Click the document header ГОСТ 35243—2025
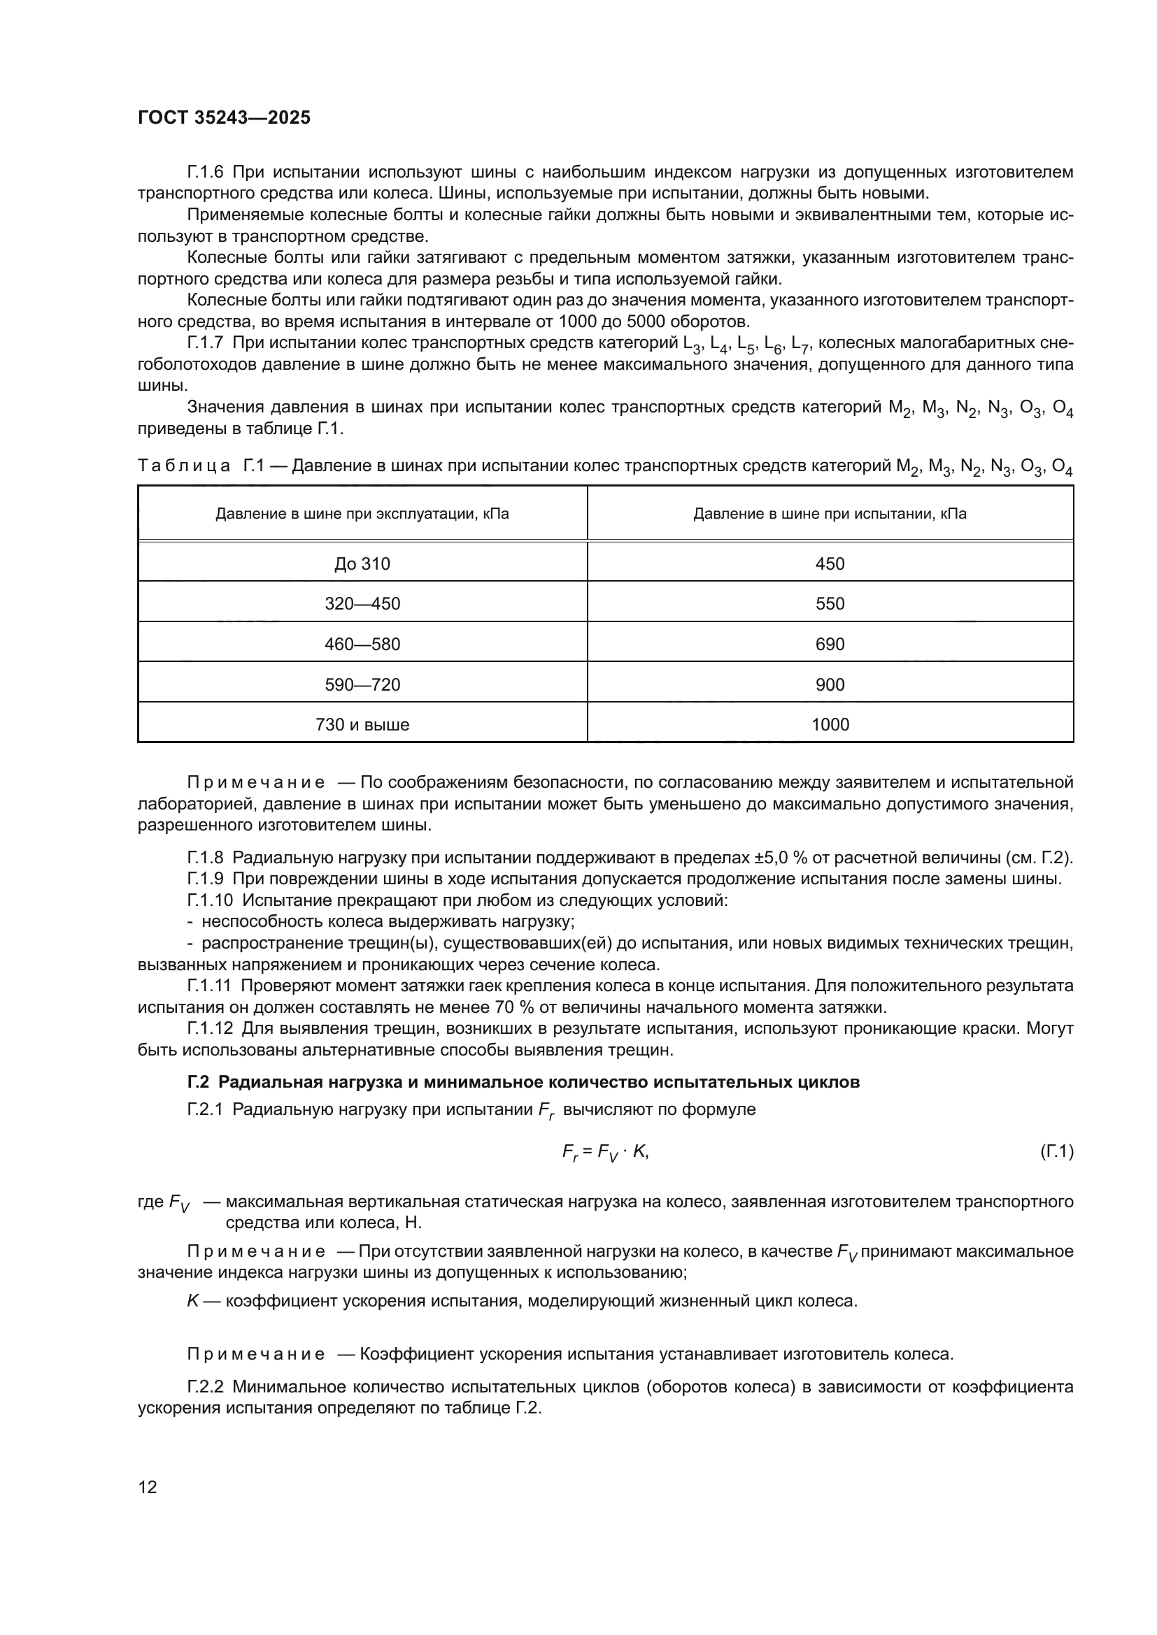click(x=225, y=117)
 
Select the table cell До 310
click(x=362, y=564)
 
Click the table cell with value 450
click(x=830, y=564)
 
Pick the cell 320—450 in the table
click(x=362, y=604)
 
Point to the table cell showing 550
click(x=830, y=604)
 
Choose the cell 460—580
click(x=362, y=644)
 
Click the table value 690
click(x=830, y=644)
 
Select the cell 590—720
click(x=362, y=685)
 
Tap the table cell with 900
click(x=830, y=685)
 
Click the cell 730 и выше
click(x=362, y=725)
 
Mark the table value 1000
click(x=830, y=725)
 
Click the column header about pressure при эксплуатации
click(x=362, y=514)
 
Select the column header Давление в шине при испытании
click(x=830, y=514)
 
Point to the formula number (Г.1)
click(x=1056, y=1151)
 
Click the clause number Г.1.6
click(x=206, y=173)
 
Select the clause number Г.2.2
click(x=206, y=1387)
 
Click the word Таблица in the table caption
click(x=184, y=466)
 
